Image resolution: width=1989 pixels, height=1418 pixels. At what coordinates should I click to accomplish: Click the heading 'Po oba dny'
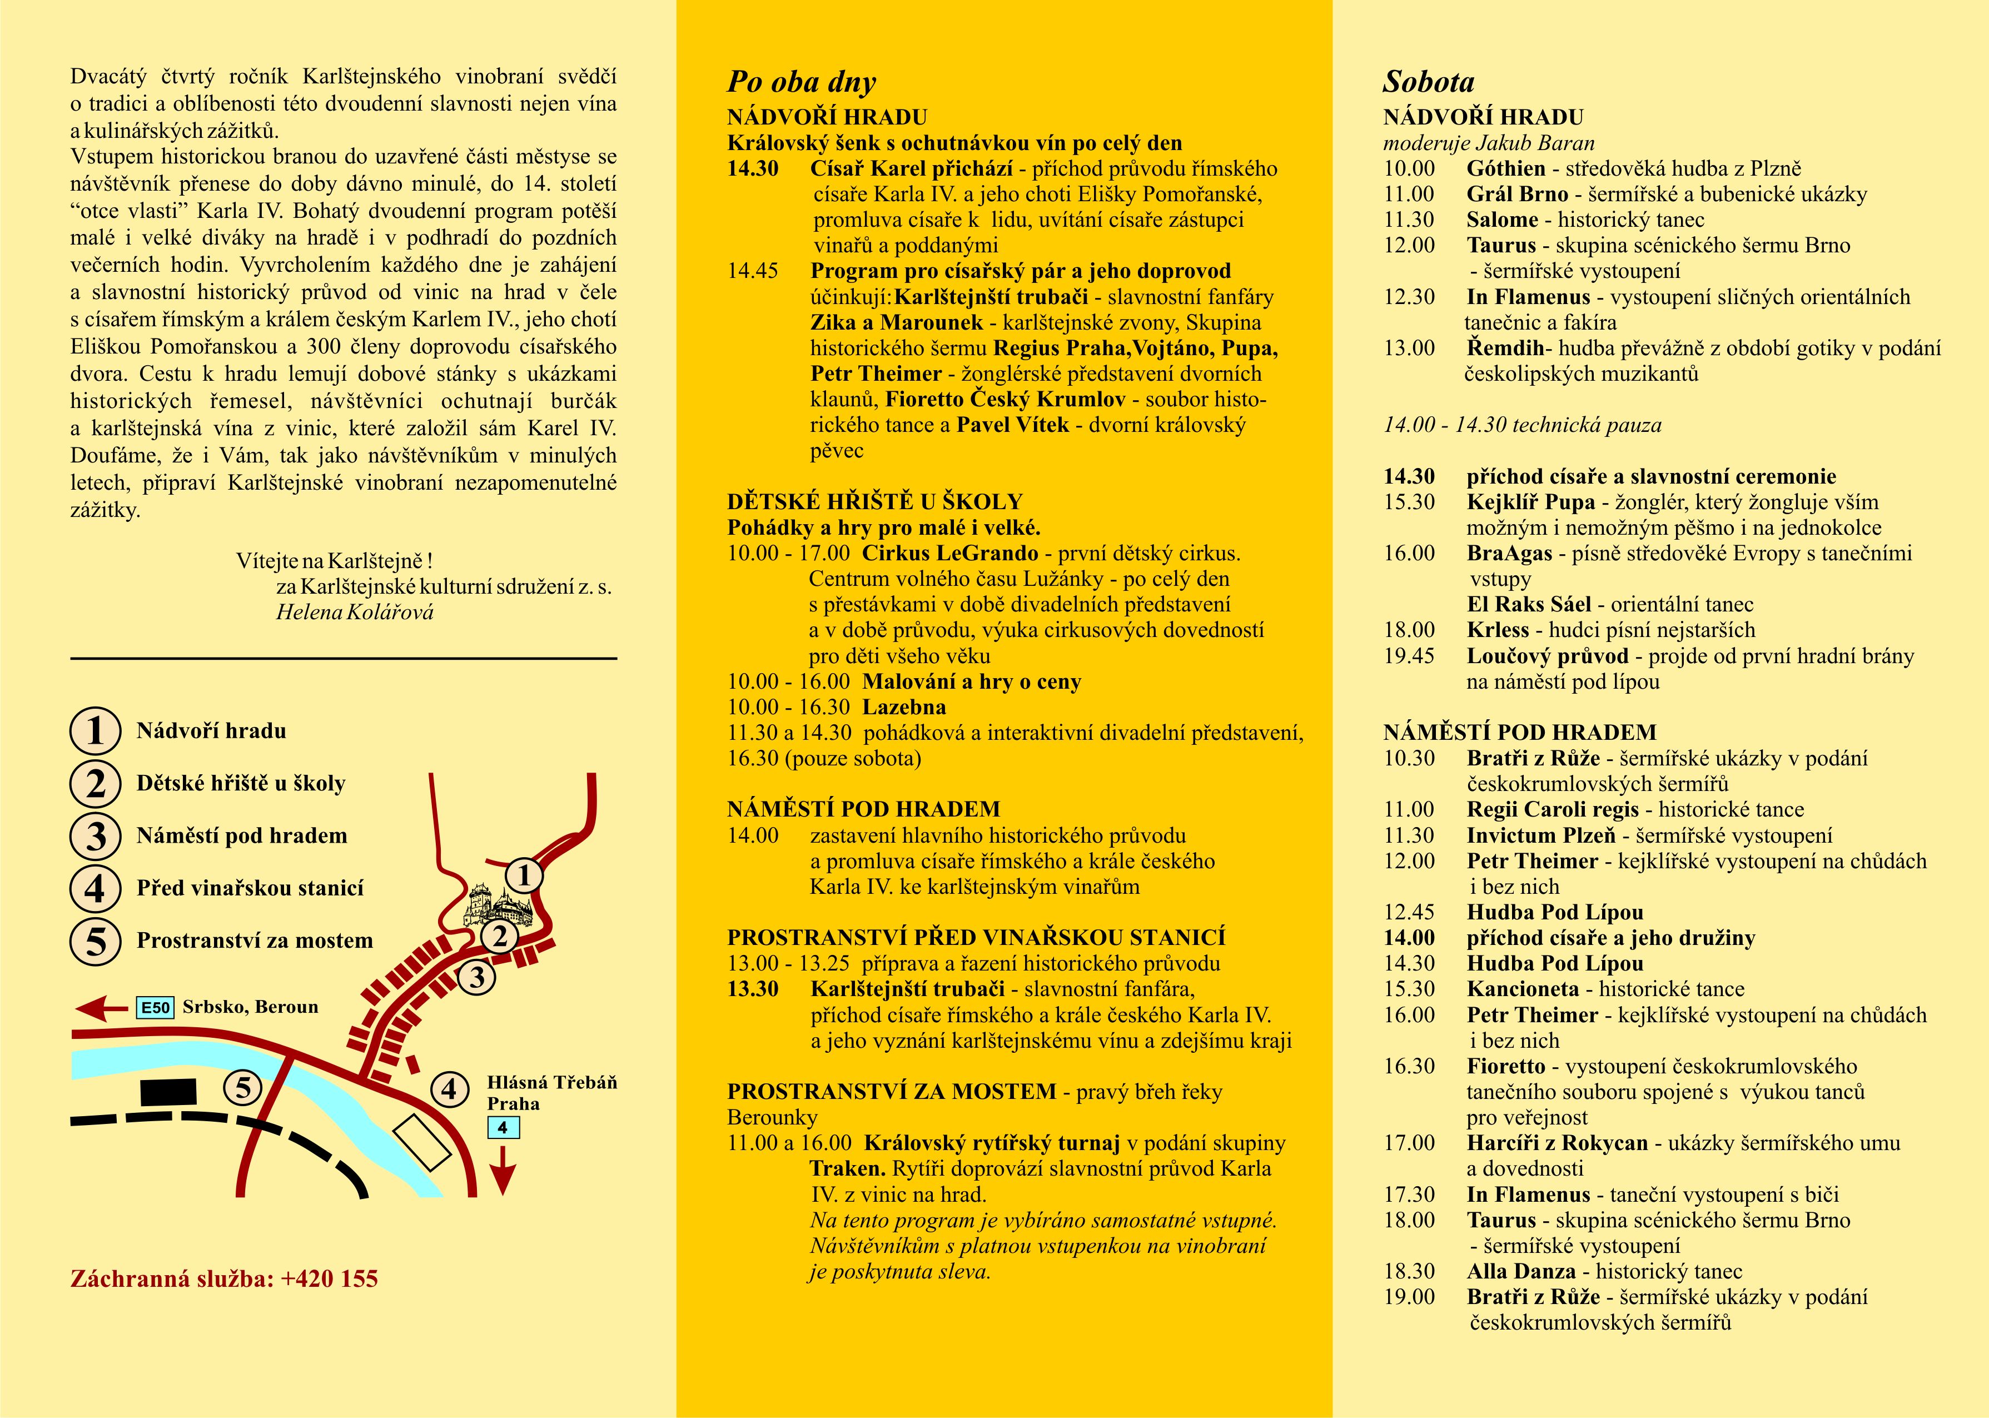click(x=802, y=82)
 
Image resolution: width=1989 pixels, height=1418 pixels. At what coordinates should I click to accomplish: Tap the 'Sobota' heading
click(x=1429, y=82)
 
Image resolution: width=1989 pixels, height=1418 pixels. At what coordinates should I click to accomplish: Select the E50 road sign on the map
click(x=156, y=1008)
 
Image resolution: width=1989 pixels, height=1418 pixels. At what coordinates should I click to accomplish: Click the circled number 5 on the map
click(x=243, y=1088)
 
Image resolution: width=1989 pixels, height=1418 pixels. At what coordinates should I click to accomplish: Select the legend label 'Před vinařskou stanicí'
click(x=250, y=888)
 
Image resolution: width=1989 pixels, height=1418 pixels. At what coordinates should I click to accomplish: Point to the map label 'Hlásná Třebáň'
click(x=552, y=1083)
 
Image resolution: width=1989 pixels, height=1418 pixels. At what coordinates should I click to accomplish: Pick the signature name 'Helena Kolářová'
click(x=355, y=612)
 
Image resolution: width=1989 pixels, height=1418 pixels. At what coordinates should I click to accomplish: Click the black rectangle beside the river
click(x=168, y=1092)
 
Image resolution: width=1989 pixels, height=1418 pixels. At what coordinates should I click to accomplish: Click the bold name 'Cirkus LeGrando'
click(x=950, y=554)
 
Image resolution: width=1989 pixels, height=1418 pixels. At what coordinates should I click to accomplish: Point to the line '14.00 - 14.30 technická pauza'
click(x=1522, y=425)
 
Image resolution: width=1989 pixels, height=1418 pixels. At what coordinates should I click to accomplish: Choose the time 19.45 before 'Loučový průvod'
click(x=1409, y=656)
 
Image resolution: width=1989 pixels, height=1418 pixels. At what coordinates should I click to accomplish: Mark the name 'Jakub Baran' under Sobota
click(x=1545, y=143)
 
